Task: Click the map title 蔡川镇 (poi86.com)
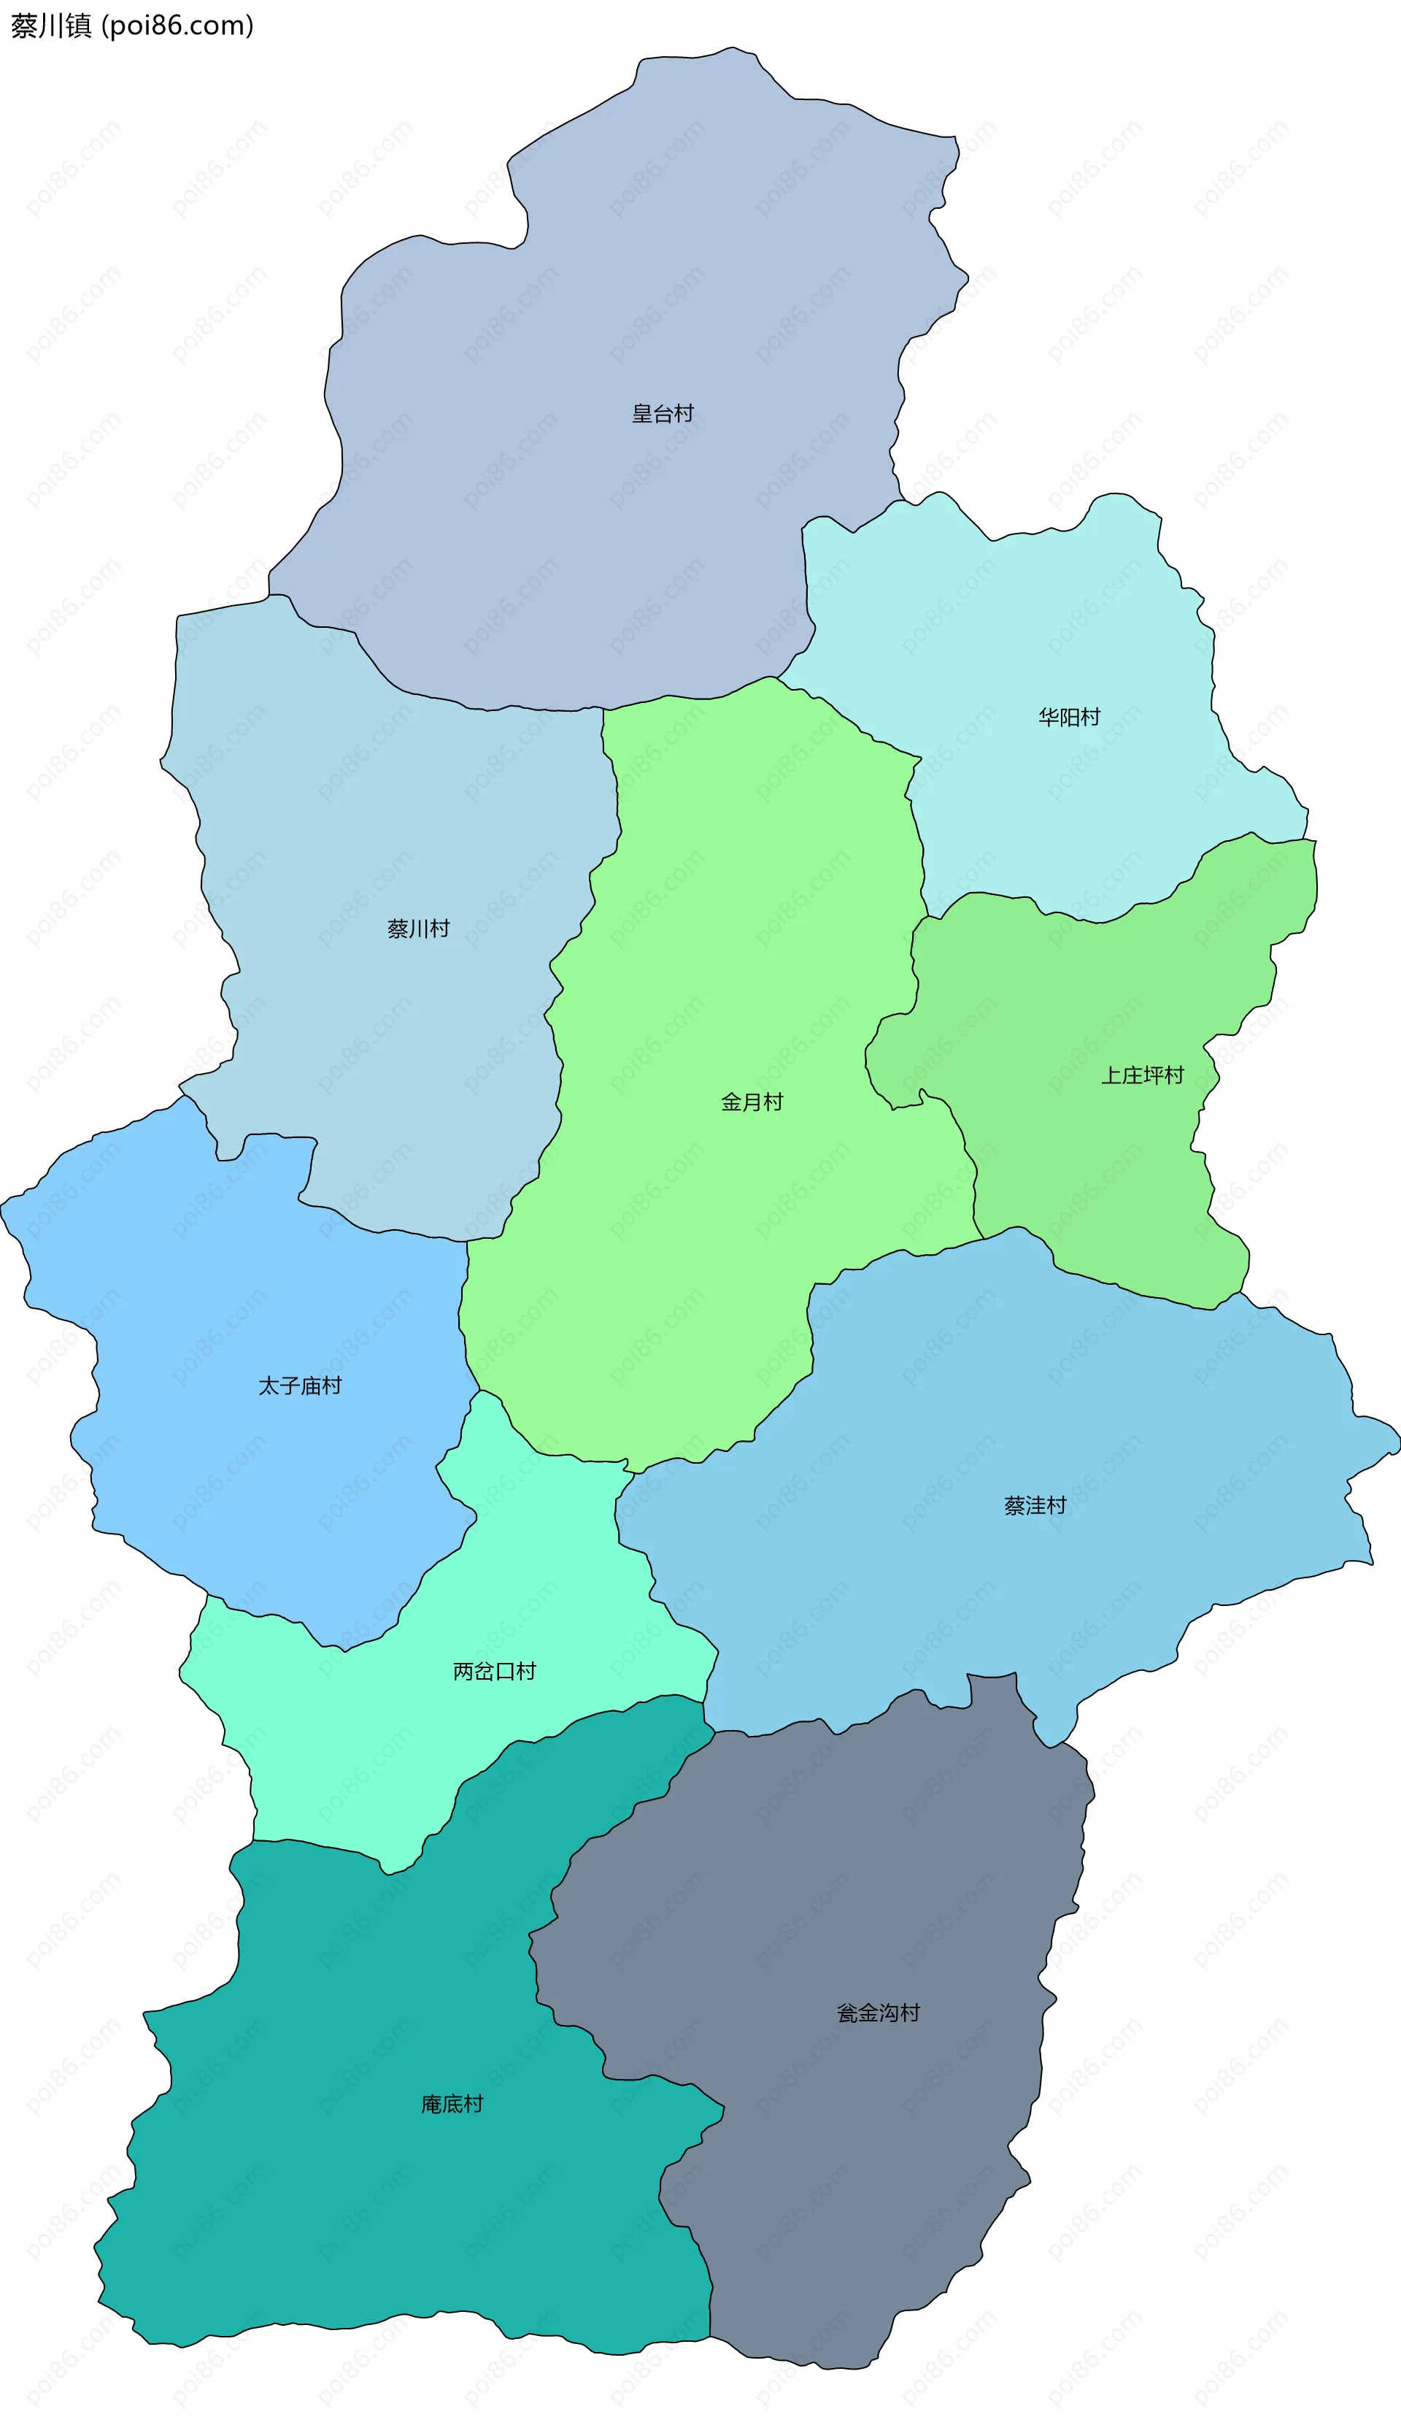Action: tap(132, 26)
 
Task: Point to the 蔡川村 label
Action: tap(418, 929)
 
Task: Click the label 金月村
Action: tap(752, 1102)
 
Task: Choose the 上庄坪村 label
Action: tap(1141, 1075)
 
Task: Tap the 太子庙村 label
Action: tap(299, 1386)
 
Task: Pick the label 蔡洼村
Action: tap(1035, 1506)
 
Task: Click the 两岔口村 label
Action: tap(494, 1672)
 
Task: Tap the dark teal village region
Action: tap(384, 2225)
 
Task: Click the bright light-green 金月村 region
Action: tap(729, 959)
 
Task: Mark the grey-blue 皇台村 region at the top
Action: tap(623, 288)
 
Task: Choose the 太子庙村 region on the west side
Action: tap(240, 1295)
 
